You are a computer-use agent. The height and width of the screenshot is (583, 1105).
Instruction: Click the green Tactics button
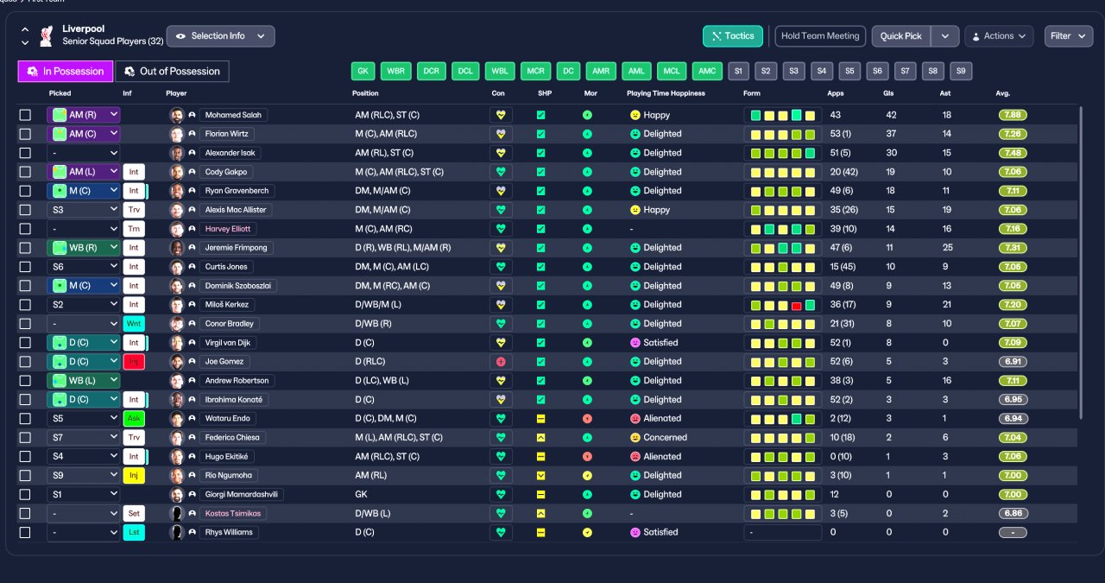click(x=733, y=36)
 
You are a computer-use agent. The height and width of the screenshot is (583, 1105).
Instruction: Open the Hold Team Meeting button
click(x=820, y=36)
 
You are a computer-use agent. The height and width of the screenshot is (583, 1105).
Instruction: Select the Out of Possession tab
click(x=172, y=72)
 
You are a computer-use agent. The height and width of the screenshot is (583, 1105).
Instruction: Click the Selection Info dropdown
click(x=220, y=36)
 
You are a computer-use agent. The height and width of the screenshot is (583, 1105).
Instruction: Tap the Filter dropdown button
click(x=1068, y=36)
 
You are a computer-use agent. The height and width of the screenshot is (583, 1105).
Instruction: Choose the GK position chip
click(x=363, y=71)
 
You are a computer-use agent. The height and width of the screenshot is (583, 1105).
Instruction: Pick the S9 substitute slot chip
click(x=961, y=71)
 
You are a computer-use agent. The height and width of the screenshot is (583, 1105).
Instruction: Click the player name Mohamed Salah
click(x=233, y=115)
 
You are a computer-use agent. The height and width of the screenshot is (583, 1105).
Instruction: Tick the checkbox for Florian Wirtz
click(x=25, y=134)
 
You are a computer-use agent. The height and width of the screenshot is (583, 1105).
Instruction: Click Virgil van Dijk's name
click(x=227, y=343)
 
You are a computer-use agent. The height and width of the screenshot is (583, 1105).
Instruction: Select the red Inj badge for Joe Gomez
click(x=134, y=362)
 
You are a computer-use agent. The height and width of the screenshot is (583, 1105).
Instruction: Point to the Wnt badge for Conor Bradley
click(x=134, y=324)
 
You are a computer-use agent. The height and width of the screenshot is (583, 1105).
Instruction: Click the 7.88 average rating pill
click(x=1013, y=115)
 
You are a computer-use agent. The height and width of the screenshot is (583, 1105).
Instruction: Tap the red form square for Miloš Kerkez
click(x=796, y=306)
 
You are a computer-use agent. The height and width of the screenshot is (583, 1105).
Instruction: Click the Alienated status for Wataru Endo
click(x=662, y=419)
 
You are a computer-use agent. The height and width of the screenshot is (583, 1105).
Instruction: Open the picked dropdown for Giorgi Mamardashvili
click(x=83, y=495)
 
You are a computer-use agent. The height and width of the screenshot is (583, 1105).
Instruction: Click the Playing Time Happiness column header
click(x=666, y=93)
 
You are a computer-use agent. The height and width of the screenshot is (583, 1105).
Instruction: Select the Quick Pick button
click(x=900, y=36)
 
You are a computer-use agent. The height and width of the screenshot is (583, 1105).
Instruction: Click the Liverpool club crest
click(x=47, y=35)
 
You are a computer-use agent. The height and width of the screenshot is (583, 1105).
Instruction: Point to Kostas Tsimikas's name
click(x=233, y=513)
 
